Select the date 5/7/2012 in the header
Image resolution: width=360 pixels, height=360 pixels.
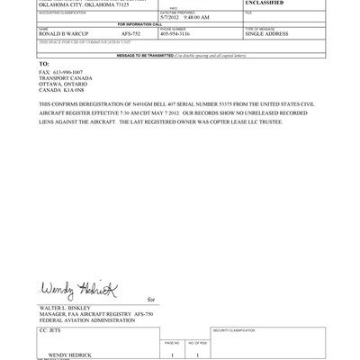click(x=171, y=16)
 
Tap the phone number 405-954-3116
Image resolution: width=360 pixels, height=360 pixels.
click(x=175, y=34)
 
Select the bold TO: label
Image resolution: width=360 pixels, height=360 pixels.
click(x=44, y=64)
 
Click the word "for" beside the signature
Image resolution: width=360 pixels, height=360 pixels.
click(x=151, y=300)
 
